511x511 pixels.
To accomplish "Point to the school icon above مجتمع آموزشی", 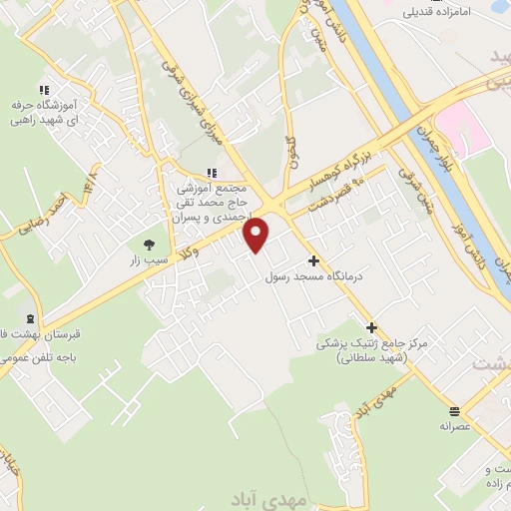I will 211,171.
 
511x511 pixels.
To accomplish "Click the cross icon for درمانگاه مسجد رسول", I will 312,259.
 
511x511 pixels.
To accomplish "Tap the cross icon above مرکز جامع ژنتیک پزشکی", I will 371,326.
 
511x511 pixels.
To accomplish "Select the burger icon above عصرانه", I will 454,410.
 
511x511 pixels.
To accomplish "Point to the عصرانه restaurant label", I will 453,425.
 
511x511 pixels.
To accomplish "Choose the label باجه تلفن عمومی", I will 45,356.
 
